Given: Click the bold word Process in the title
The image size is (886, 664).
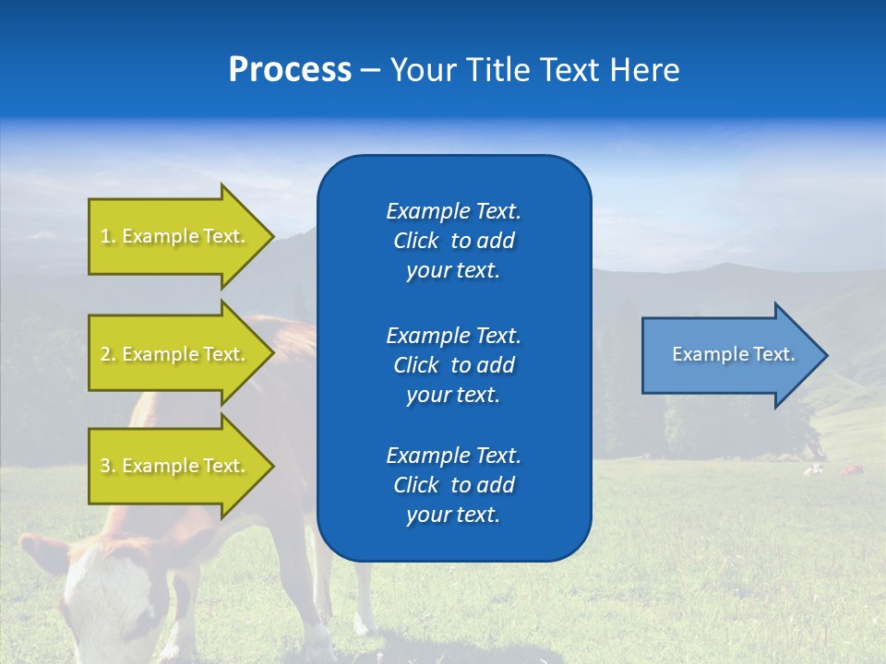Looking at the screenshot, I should (290, 70).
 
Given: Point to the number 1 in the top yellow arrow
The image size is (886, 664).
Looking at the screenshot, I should (105, 236).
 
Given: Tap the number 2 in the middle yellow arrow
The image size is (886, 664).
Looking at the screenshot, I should (105, 354).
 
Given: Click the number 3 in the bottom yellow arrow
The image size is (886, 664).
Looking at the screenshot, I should (105, 466).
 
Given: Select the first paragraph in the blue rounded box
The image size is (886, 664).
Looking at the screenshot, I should (453, 241).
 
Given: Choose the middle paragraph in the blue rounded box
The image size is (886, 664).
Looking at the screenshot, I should (453, 365).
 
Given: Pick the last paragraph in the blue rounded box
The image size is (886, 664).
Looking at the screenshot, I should (453, 485).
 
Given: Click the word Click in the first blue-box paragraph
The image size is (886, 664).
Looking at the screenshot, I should (416, 242).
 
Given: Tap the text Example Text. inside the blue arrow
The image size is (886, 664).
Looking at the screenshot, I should (734, 354).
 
